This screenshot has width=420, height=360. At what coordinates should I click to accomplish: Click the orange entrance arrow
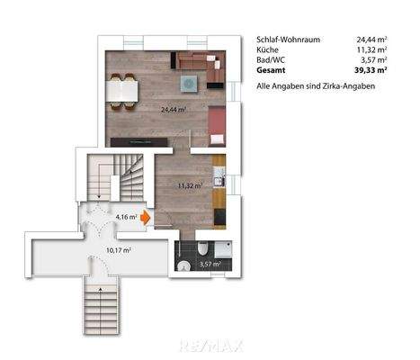pyautogui.click(x=146, y=217)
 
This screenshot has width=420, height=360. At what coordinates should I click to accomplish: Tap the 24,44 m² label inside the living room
pyautogui.click(x=173, y=111)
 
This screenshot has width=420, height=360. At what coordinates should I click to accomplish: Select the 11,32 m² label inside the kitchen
pyautogui.click(x=189, y=185)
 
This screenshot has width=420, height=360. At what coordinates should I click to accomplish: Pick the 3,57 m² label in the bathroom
pyautogui.click(x=211, y=264)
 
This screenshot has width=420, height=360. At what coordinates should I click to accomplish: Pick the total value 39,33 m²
pyautogui.click(x=371, y=69)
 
